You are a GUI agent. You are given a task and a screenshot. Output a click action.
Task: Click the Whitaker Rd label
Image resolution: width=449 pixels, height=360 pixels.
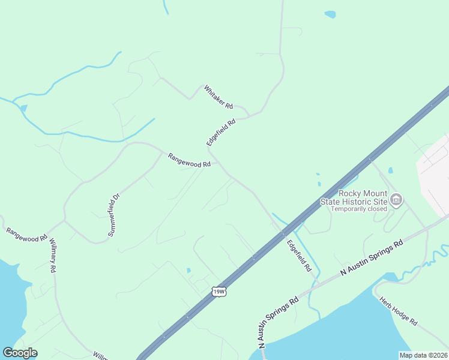tap(218, 97)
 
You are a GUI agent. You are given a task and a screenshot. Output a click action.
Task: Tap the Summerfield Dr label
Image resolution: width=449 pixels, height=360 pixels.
tap(114, 214)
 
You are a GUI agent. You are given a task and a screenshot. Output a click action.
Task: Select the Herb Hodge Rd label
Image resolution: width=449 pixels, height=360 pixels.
tap(399, 310)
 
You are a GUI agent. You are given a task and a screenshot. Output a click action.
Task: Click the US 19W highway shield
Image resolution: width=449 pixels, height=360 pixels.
tap(219, 292)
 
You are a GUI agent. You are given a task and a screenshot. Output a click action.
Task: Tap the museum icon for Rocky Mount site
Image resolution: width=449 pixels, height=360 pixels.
tap(396, 199)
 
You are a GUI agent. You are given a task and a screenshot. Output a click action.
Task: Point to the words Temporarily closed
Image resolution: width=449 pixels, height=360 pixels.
tap(360, 209)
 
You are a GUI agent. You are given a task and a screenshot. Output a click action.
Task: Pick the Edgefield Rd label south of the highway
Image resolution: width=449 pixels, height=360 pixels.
tap(298, 254)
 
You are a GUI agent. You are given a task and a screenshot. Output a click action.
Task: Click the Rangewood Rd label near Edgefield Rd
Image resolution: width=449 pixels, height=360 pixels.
tap(189, 160)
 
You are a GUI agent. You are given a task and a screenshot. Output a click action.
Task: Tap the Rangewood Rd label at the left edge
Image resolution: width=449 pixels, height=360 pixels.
tap(26, 235)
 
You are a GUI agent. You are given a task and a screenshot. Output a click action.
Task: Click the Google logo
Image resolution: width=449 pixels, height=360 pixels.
tap(20, 353)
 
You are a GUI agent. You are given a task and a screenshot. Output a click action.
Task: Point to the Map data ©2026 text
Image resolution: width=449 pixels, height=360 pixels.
tap(423, 355)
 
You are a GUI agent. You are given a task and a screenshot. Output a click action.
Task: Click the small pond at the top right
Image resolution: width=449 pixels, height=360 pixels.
tap(330, 14)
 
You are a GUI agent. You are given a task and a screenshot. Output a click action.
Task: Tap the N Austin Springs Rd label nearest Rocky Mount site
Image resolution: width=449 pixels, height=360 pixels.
tap(372, 259)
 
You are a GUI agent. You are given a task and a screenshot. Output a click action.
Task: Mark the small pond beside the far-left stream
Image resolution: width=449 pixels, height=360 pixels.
tap(23, 108)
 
